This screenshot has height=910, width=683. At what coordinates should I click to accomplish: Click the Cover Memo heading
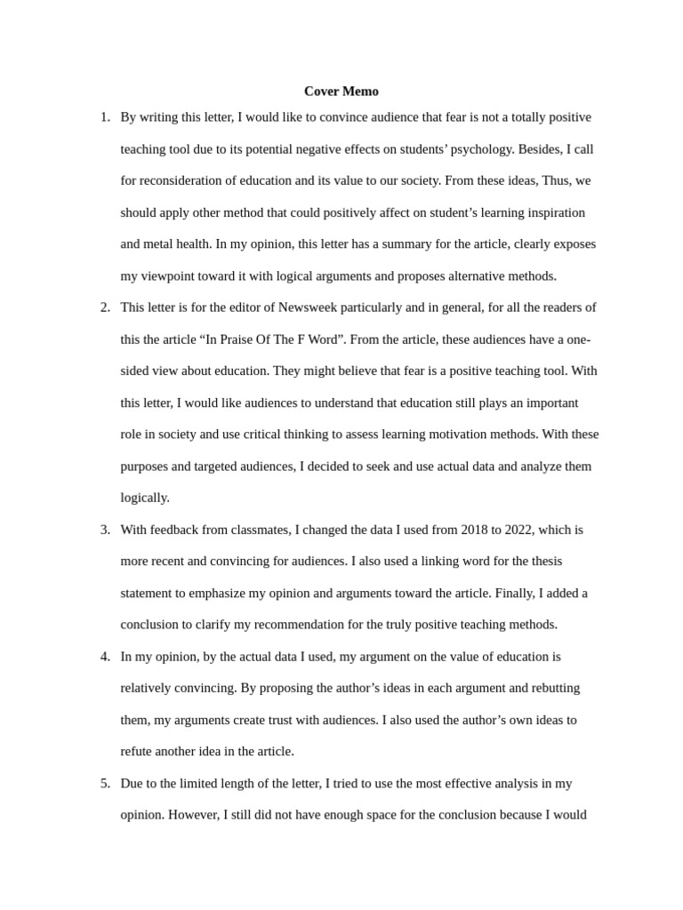(x=341, y=91)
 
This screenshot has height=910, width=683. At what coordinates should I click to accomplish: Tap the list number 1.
(x=104, y=117)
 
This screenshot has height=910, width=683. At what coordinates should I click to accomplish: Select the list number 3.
(x=104, y=530)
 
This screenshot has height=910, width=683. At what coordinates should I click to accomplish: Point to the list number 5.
(x=104, y=783)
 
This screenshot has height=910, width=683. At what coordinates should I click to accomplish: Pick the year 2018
(x=476, y=530)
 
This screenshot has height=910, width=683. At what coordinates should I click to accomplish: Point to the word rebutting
(x=553, y=688)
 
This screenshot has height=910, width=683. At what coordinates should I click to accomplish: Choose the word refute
(x=138, y=751)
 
